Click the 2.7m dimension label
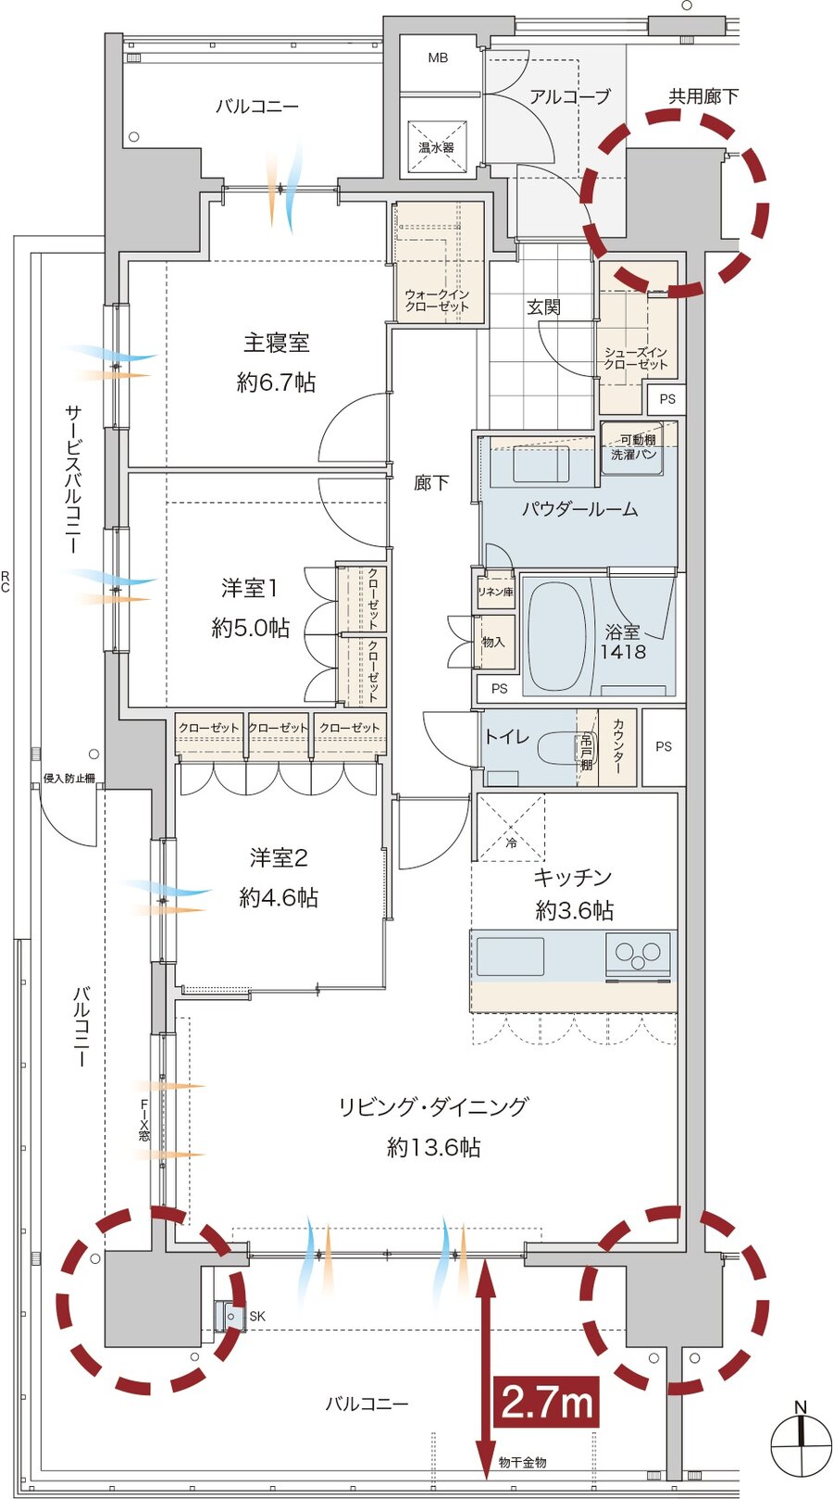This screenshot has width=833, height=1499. pos(546,1403)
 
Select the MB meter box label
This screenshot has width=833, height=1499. pos(438,58)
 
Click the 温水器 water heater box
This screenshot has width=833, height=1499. pos(436,146)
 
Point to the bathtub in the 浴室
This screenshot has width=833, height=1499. pos(557,634)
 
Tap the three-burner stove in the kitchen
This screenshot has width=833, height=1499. pos(638,956)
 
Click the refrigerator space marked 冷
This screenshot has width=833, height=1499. pos(510,828)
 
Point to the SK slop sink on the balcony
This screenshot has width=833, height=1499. pos(229,1317)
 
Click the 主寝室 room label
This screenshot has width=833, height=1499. pos(276,344)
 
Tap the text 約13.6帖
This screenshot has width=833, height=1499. pos(433,1148)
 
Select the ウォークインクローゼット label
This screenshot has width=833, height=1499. pos(438,301)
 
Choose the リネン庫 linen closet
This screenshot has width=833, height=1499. pos(496,591)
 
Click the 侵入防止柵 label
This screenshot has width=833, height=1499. pos(68,779)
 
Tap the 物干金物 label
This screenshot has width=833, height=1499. pos(522,1463)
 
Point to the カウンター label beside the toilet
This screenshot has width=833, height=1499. pos(617,746)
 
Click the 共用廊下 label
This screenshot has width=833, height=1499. pos(702,96)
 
